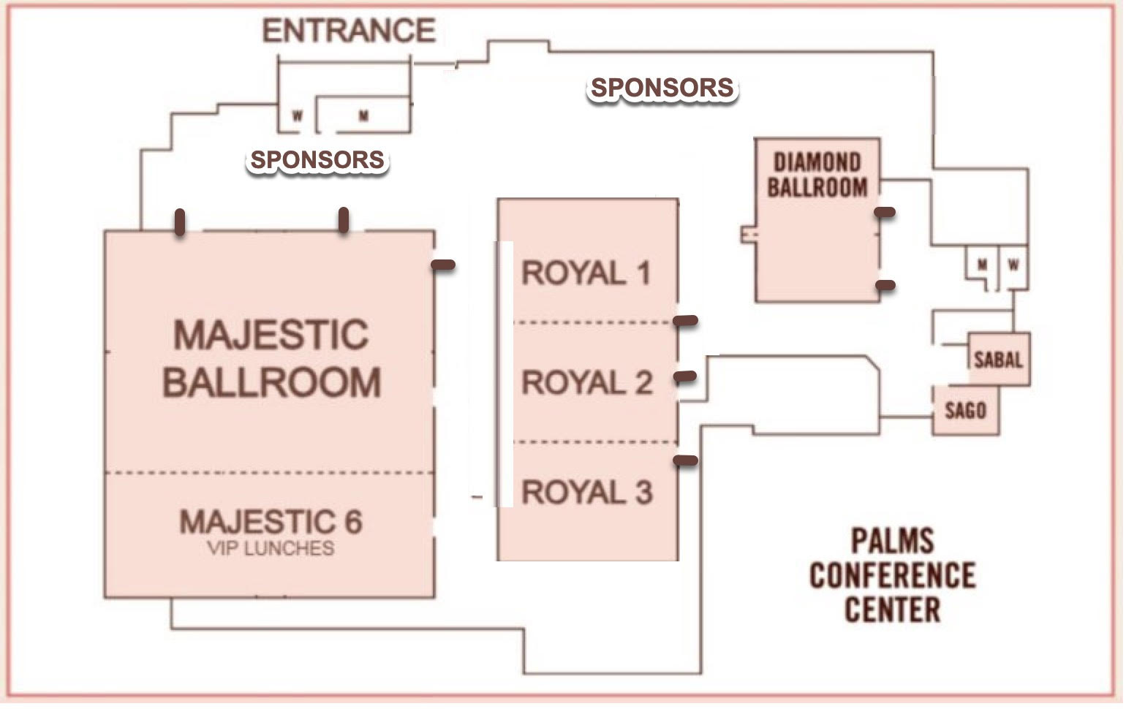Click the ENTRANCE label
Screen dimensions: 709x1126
349,31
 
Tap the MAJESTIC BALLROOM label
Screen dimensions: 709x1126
271,359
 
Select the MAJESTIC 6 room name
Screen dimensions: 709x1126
271,522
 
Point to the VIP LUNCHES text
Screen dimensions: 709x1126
271,548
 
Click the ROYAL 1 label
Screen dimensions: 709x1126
586,273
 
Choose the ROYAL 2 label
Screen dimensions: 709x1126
586,383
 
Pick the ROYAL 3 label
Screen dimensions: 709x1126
586,492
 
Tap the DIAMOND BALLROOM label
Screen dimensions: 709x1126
817,175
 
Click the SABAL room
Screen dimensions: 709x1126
998,359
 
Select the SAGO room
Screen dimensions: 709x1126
965,411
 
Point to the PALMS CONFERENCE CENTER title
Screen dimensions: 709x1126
892,575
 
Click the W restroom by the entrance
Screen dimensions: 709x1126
298,115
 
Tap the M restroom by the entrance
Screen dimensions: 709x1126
363,115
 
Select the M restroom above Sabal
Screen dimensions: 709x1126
983,265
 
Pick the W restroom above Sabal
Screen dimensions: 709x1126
1013,265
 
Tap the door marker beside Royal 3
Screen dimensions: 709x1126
685,460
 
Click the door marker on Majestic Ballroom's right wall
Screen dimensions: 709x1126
442,265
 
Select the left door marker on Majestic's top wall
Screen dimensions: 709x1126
180,222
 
